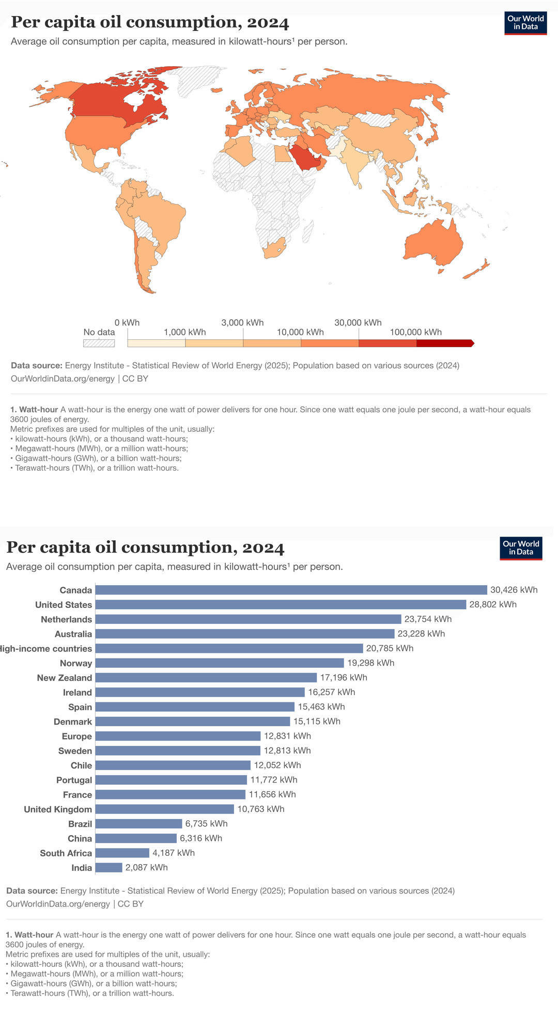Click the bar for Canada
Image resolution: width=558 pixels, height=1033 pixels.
click(291, 590)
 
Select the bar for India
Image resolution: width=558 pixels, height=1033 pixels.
click(109, 868)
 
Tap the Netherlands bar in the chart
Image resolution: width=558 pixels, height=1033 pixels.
click(248, 619)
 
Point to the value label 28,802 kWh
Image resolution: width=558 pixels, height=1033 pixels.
click(492, 604)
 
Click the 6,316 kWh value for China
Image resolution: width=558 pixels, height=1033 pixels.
click(201, 838)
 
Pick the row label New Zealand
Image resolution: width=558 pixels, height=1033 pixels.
click(65, 678)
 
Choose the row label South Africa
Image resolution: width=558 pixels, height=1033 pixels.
click(66, 853)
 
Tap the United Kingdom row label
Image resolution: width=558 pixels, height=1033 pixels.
click(58, 809)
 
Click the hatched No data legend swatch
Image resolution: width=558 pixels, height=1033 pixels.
click(99, 343)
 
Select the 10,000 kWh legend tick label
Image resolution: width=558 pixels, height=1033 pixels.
click(300, 332)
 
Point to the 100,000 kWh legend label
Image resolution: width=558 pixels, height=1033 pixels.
click(415, 332)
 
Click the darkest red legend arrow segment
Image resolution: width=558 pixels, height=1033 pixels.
click(444, 343)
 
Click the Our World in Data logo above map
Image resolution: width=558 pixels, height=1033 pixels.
click(525, 23)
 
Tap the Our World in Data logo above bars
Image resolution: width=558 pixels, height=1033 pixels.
click(521, 548)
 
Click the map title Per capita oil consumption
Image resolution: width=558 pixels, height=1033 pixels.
click(150, 22)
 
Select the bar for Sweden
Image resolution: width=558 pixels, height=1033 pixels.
click(178, 751)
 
